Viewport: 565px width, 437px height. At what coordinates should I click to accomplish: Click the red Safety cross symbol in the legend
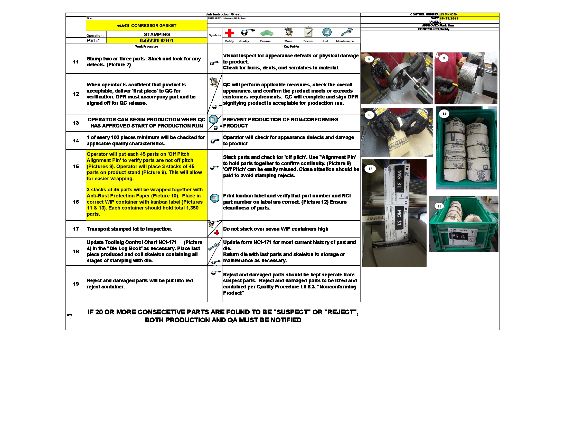pyautogui.click(x=229, y=33)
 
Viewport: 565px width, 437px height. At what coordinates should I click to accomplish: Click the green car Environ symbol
pyautogui.click(x=267, y=33)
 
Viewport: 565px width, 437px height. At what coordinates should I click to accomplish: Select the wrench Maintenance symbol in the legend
pyautogui.click(x=346, y=32)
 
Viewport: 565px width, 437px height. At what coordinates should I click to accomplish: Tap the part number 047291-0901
pyautogui.click(x=156, y=40)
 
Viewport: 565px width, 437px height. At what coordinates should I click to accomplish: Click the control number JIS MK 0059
pyautogui.click(x=448, y=14)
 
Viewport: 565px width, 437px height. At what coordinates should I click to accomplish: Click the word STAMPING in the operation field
pyautogui.click(x=157, y=34)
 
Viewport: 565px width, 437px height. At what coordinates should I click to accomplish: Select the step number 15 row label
pyautogui.click(x=76, y=166)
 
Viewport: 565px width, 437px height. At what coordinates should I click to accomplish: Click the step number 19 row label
pyautogui.click(x=76, y=284)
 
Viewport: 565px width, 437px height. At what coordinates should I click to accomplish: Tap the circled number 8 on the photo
pyautogui.click(x=369, y=59)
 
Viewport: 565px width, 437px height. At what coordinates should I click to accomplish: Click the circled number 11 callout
pyautogui.click(x=444, y=114)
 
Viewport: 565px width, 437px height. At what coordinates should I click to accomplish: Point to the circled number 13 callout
pyautogui.click(x=439, y=206)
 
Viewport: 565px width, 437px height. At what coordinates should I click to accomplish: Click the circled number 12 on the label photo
pyautogui.click(x=370, y=169)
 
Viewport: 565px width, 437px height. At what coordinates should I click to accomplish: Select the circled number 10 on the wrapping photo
pyautogui.click(x=369, y=115)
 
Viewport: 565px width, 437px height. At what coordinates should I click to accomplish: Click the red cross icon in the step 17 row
pyautogui.click(x=217, y=233)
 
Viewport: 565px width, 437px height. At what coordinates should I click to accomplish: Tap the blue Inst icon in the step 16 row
pyautogui.click(x=214, y=198)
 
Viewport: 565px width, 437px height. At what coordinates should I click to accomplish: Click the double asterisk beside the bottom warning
pyautogui.click(x=69, y=315)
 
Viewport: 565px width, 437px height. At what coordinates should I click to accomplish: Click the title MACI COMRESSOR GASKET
pyautogui.click(x=146, y=26)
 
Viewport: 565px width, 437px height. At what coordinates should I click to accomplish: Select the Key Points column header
pyautogui.click(x=291, y=47)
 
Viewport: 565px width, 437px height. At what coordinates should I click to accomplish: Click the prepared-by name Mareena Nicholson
pyautogui.click(x=235, y=19)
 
